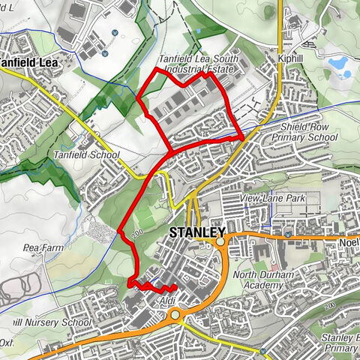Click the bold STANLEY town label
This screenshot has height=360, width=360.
(198, 232)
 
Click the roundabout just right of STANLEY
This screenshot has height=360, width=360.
(220, 242)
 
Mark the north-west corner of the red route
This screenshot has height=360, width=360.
(155, 69)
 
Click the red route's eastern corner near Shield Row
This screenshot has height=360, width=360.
(241, 138)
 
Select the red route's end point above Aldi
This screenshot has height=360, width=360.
(174, 287)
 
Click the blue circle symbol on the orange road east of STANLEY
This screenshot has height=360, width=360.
(288, 235)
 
